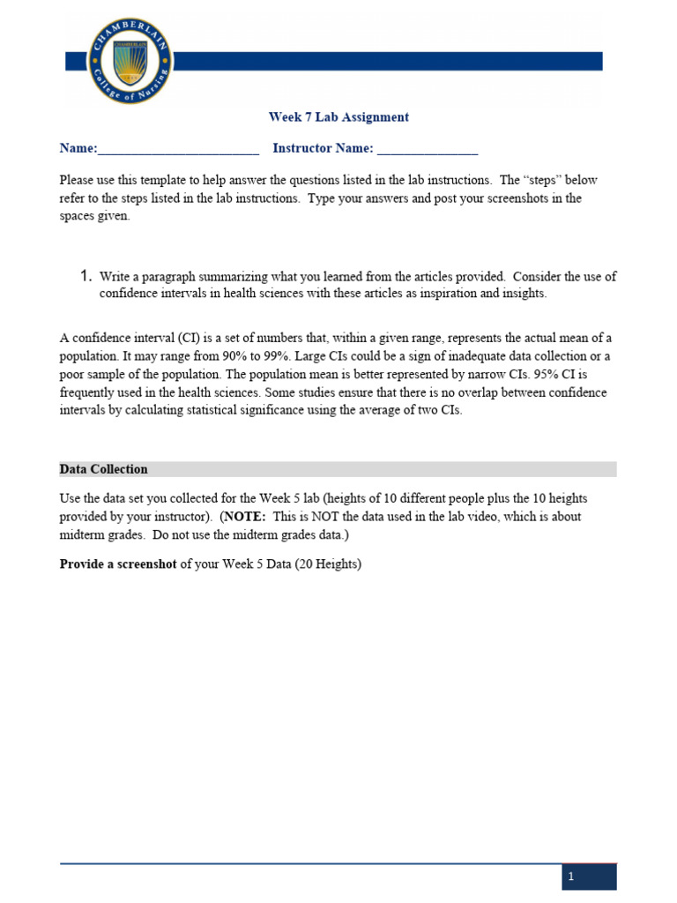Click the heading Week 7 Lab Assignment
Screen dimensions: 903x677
coord(338,116)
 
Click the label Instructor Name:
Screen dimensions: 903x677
coord(323,148)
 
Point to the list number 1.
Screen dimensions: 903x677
coord(86,276)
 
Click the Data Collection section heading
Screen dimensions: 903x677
coord(104,469)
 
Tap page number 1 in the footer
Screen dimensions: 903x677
coord(571,877)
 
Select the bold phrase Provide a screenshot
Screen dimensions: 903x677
coord(118,564)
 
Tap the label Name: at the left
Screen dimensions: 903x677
coord(78,148)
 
